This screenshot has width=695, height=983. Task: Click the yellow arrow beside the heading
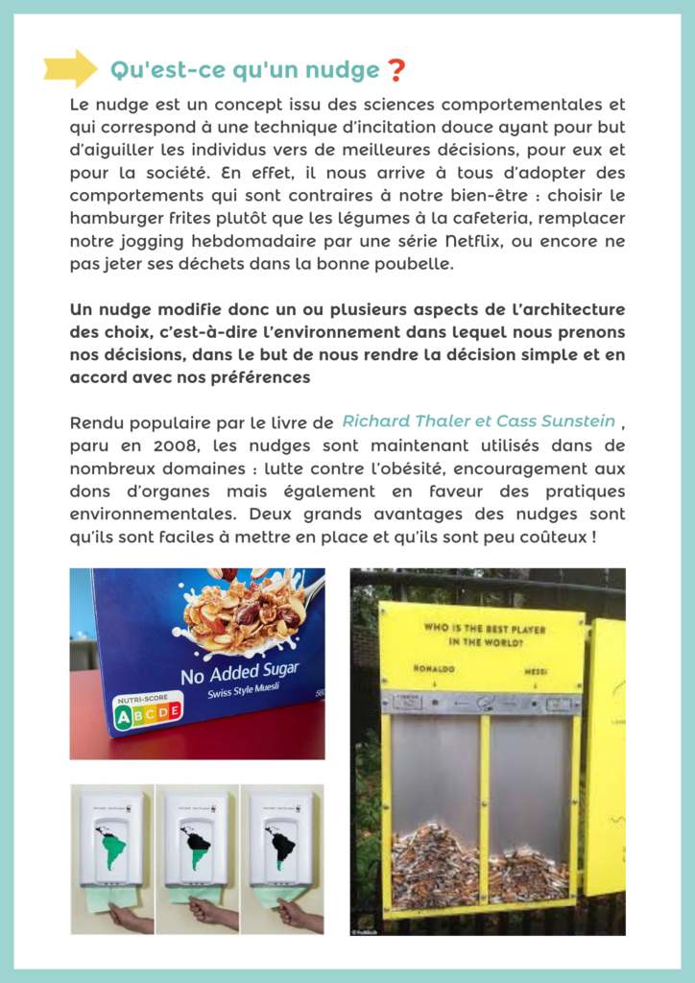tap(70, 68)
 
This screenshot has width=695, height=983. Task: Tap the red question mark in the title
tap(395, 70)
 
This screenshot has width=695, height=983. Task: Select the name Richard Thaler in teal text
tap(398, 421)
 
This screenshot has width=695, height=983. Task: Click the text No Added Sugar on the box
tap(239, 671)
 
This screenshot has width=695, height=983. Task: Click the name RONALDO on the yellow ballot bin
tap(435, 668)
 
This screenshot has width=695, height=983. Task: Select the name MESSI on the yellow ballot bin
tap(536, 672)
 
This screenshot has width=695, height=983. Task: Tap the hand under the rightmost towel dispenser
tap(293, 912)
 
